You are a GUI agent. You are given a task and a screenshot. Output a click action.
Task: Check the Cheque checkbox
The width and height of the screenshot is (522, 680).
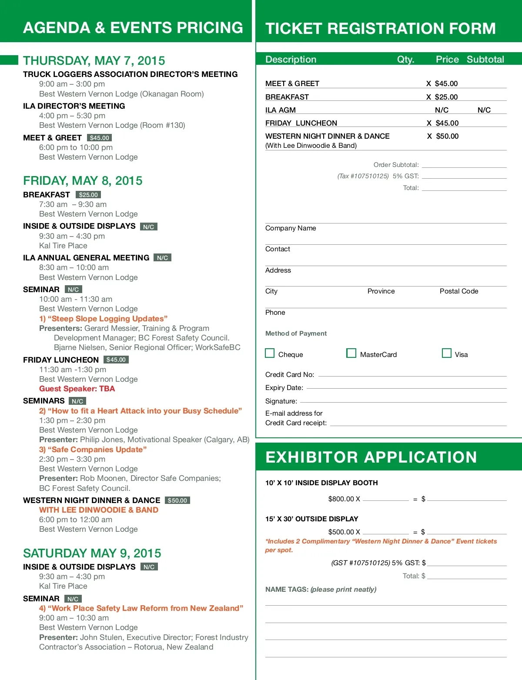tap(270, 353)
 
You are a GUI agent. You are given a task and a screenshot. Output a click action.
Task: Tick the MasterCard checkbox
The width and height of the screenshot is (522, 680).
tap(351, 353)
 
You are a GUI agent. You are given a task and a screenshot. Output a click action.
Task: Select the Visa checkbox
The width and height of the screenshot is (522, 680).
tap(446, 353)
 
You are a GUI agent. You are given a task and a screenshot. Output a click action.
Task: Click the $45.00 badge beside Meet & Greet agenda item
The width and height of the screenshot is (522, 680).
tap(100, 138)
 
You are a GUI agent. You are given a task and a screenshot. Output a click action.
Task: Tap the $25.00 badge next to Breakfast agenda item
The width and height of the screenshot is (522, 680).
tap(88, 195)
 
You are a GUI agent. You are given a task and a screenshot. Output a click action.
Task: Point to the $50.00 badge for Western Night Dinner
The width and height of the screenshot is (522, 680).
tap(177, 500)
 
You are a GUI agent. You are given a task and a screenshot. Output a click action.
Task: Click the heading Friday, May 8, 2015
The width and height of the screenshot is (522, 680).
tap(83, 180)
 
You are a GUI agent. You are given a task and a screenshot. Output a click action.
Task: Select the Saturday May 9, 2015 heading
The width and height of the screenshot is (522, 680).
tap(92, 553)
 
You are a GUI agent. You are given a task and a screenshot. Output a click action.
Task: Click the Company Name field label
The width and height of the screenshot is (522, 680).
tap(291, 228)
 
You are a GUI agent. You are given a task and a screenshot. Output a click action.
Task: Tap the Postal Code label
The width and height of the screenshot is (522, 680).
tap(458, 291)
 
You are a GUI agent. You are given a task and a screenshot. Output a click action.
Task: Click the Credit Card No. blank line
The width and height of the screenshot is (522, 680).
tap(412, 375)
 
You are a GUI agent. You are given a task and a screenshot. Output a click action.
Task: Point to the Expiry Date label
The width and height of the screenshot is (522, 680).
tap(284, 388)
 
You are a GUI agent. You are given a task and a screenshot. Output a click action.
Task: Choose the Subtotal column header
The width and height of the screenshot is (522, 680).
tap(485, 60)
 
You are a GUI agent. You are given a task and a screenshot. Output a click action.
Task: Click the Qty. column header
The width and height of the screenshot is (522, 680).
tap(405, 60)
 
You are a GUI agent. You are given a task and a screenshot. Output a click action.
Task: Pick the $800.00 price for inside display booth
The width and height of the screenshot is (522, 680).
tap(341, 499)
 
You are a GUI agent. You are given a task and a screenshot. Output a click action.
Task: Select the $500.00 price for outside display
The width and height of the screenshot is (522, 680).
tap(341, 532)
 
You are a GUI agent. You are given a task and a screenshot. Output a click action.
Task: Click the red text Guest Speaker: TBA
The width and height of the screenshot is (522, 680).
tap(77, 389)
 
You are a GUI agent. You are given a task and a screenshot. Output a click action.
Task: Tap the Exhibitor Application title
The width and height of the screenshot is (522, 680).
tap(371, 457)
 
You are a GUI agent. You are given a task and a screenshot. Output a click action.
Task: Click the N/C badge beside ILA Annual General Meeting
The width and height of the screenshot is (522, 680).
tap(162, 258)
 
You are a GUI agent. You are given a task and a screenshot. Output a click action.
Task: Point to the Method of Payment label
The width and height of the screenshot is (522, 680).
tap(296, 333)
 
